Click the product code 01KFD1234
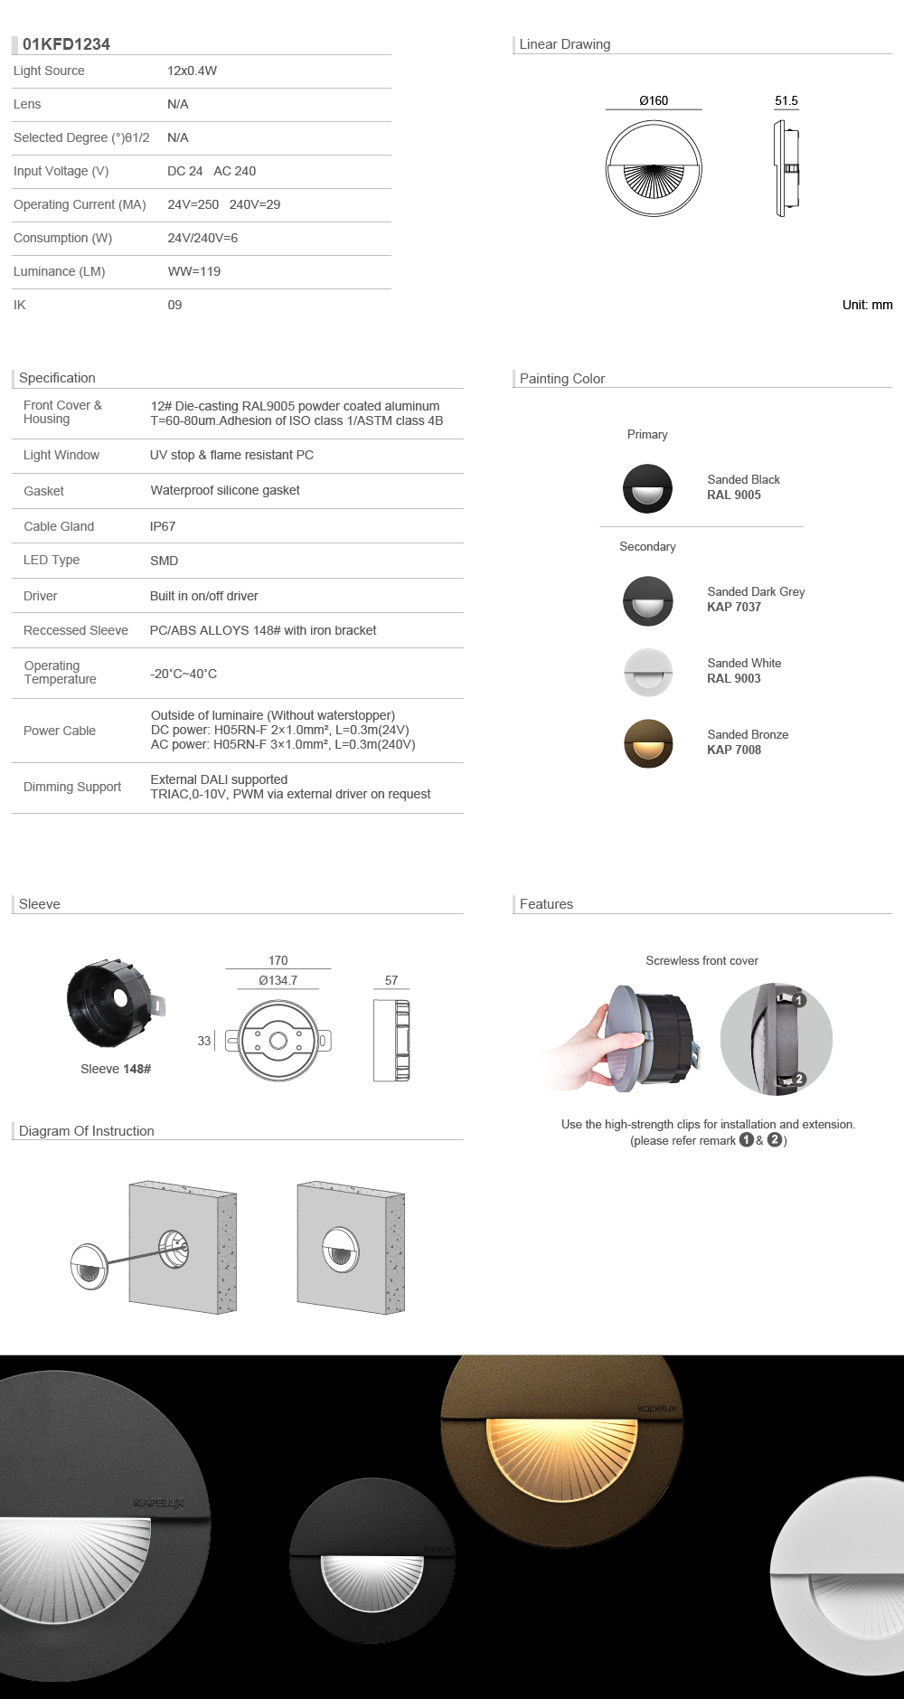pos(66,44)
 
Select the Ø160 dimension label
pos(654,100)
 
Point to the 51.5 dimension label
pos(786,100)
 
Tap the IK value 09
pos(174,305)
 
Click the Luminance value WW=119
pos(194,271)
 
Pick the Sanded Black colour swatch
pos(647,488)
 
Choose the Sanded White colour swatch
pos(648,672)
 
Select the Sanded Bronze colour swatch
pos(648,743)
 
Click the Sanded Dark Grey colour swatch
pos(648,600)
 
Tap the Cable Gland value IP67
pos(163,526)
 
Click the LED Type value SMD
pos(164,561)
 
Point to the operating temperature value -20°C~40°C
pos(184,674)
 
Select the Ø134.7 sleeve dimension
pos(278,980)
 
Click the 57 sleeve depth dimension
pos(391,980)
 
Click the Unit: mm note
pos(867,305)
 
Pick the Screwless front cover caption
pos(702,960)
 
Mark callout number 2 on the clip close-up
pos(799,1079)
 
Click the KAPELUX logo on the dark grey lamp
pos(158,1502)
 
